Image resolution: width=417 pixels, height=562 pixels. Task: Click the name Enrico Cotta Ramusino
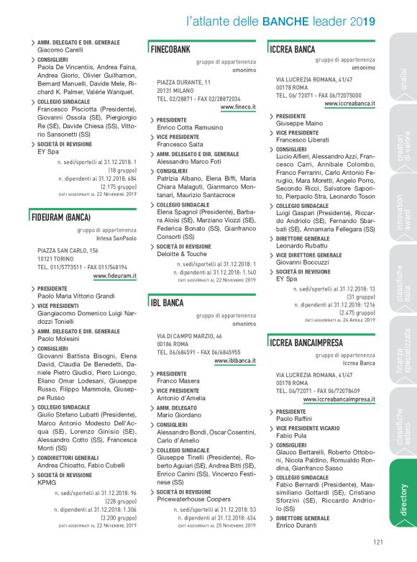190,127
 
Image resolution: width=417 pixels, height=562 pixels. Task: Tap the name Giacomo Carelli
60,50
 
